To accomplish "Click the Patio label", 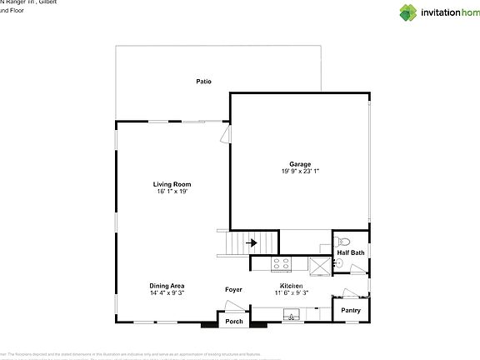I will tap(203, 82).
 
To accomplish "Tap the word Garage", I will tap(299, 164).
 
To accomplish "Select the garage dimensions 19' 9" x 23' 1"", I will tap(299, 171).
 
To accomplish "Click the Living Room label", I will tap(172, 184).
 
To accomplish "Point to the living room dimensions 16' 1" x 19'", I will tap(172, 191).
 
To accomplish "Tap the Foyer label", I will tap(234, 290).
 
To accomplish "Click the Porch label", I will tap(234, 322).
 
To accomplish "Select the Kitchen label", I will tap(293, 285).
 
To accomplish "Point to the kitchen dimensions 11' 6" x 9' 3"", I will tap(293, 292).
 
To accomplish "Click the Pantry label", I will tap(350, 311).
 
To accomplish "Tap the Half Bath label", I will tap(350, 252).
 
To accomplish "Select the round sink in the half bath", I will tap(340, 264).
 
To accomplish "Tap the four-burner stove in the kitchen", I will tap(282, 264).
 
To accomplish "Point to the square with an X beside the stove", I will tap(319, 264).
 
